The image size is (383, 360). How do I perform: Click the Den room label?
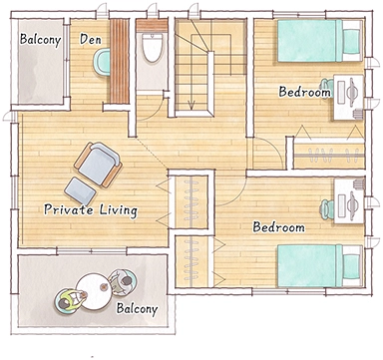(91, 40)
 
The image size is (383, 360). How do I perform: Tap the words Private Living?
(91, 210)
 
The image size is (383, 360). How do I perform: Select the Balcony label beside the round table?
(137, 309)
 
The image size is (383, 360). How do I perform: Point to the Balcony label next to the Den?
(40, 39)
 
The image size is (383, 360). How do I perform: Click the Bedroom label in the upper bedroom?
(305, 92)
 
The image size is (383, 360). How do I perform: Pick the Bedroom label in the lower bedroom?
(279, 227)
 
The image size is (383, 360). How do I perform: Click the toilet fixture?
(152, 48)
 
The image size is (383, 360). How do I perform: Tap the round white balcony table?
(94, 291)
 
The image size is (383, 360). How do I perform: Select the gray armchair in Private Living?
(99, 165)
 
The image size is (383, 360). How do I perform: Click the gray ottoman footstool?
(80, 191)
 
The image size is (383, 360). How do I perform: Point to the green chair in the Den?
(102, 61)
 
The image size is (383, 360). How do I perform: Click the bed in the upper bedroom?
(319, 41)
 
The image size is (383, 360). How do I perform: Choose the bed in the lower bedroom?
(319, 266)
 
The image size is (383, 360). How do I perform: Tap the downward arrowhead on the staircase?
(191, 106)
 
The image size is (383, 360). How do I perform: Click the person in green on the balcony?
(70, 300)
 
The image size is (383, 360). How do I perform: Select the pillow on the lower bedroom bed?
(351, 266)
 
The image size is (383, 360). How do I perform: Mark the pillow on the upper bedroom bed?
(351, 41)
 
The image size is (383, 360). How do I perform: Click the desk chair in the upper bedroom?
(327, 88)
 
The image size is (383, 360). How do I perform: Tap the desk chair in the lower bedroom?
(327, 208)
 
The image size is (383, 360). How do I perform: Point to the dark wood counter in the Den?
(120, 62)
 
